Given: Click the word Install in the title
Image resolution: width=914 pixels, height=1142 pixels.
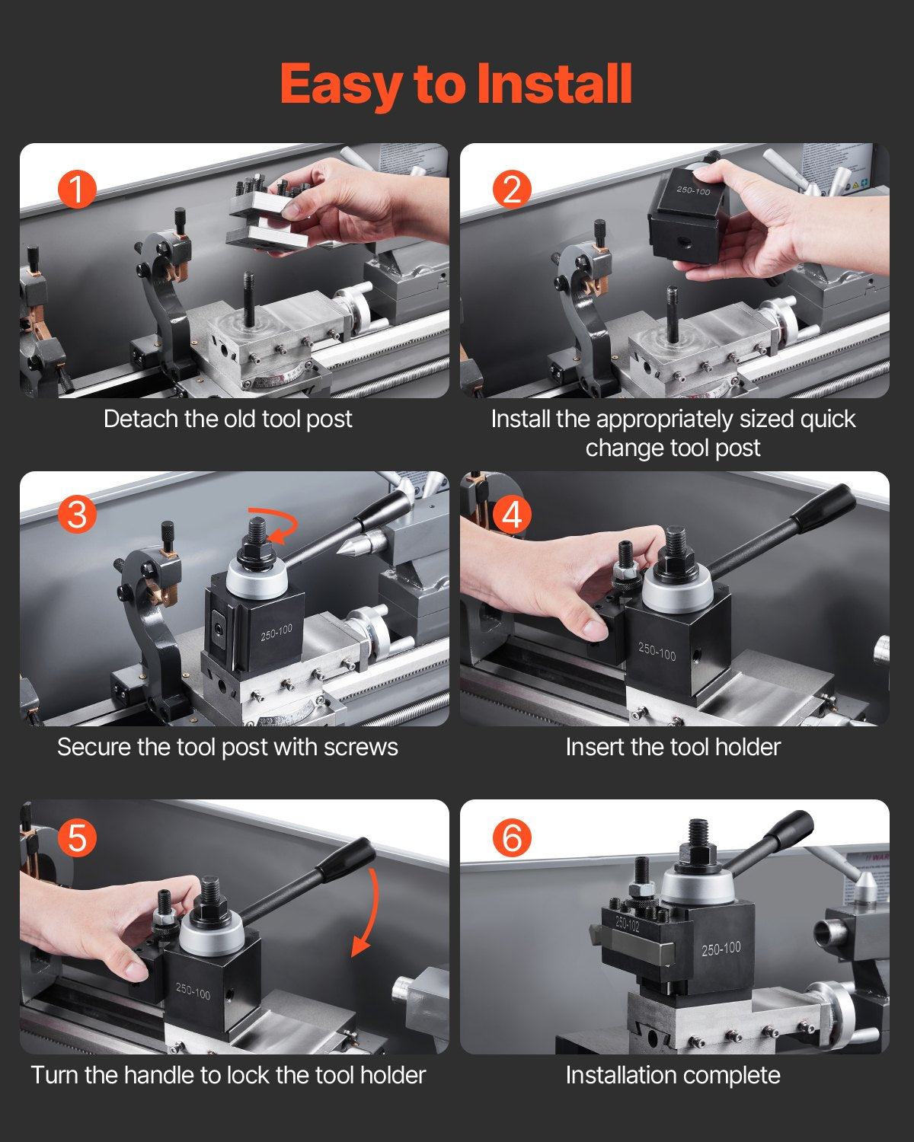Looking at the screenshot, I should pyautogui.click(x=554, y=84).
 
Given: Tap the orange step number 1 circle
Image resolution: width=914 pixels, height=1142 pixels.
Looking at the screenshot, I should pyautogui.click(x=77, y=189).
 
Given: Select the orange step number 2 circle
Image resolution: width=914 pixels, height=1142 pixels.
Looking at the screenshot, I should pyautogui.click(x=512, y=189).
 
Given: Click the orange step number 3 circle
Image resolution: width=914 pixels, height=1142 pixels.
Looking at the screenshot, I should pyautogui.click(x=77, y=515).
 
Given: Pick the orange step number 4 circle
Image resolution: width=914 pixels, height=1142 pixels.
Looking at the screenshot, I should pyautogui.click(x=512, y=515).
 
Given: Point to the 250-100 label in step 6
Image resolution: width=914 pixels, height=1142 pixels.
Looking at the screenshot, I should pyautogui.click(x=721, y=949).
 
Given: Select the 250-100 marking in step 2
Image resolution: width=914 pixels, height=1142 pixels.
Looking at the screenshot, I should pyautogui.click(x=693, y=190).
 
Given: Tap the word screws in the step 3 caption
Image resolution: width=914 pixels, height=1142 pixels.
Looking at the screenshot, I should pyautogui.click(x=360, y=747).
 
